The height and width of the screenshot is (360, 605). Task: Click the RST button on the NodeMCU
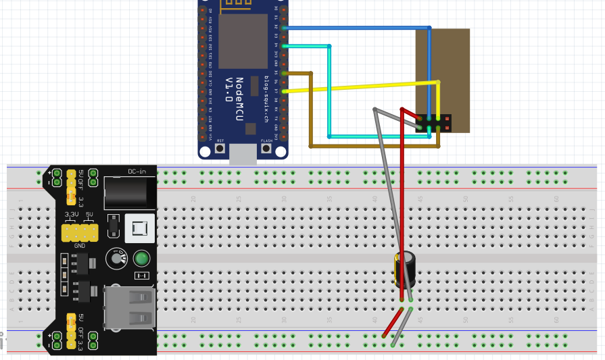click(x=220, y=148)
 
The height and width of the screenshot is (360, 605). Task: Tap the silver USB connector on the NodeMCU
click(x=243, y=155)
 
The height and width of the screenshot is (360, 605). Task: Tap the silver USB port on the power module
click(x=129, y=307)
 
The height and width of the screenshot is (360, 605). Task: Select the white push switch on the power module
click(x=141, y=230)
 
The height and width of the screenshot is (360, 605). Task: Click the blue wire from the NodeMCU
click(x=352, y=28)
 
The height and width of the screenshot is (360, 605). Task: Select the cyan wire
click(x=329, y=95)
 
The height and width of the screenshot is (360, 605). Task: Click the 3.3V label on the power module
click(x=71, y=214)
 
